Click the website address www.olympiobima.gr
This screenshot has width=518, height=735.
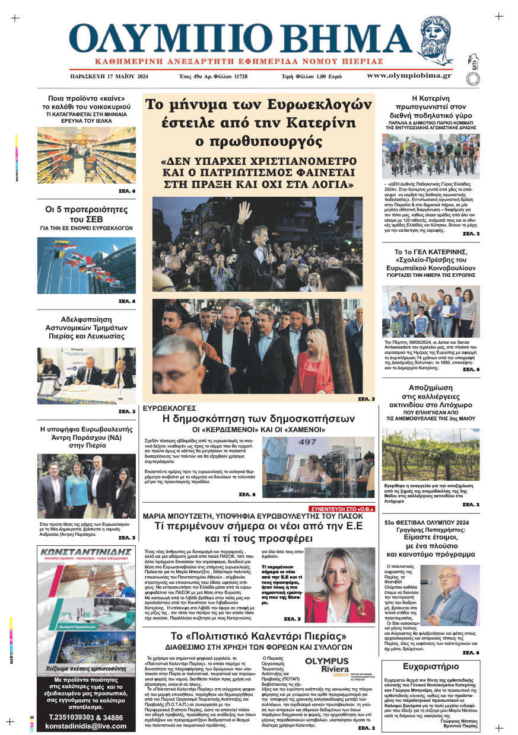click(408, 76)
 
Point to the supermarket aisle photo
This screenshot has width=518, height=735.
click(86, 155)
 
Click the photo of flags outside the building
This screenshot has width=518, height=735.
click(86, 265)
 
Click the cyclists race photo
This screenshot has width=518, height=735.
click(430, 156)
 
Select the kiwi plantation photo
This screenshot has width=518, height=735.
click(430, 454)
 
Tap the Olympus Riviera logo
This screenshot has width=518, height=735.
click(327, 664)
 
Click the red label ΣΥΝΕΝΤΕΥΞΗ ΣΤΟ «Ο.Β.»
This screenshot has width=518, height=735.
click(342, 509)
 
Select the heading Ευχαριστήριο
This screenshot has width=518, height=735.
click(430, 666)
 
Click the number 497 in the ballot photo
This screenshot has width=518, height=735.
click(307, 442)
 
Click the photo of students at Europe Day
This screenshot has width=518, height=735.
click(430, 311)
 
